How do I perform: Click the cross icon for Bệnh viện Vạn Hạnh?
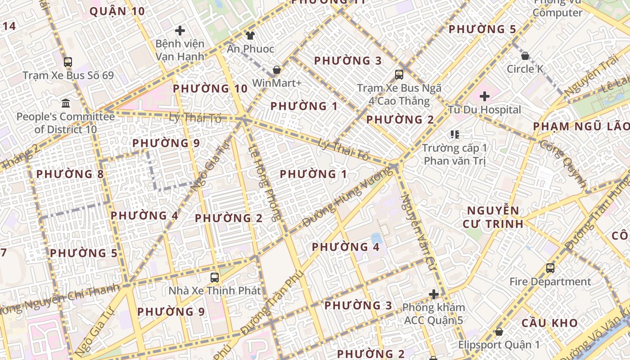pos(180,31)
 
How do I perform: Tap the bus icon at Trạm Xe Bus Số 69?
pos(68,62)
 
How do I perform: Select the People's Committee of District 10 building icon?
pos(66,103)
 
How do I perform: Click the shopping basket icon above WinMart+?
pos(277,70)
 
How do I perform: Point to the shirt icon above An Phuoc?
pos(250,35)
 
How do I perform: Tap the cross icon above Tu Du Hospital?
pos(485,96)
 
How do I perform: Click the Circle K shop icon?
pos(525,56)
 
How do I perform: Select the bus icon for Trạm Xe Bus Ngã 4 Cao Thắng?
pos(399,75)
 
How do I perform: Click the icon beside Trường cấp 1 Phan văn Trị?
pos(455,135)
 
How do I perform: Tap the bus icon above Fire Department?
pos(550,268)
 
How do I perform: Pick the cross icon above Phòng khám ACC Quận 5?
pos(434,295)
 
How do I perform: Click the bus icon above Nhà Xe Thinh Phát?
pos(215,277)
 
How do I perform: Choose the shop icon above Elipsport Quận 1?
pos(499,332)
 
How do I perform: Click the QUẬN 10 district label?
pos(117,11)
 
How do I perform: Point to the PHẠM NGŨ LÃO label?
pos(580,126)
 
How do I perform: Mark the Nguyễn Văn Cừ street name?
pos(419,229)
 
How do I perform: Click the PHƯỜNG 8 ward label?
pos(70,174)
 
